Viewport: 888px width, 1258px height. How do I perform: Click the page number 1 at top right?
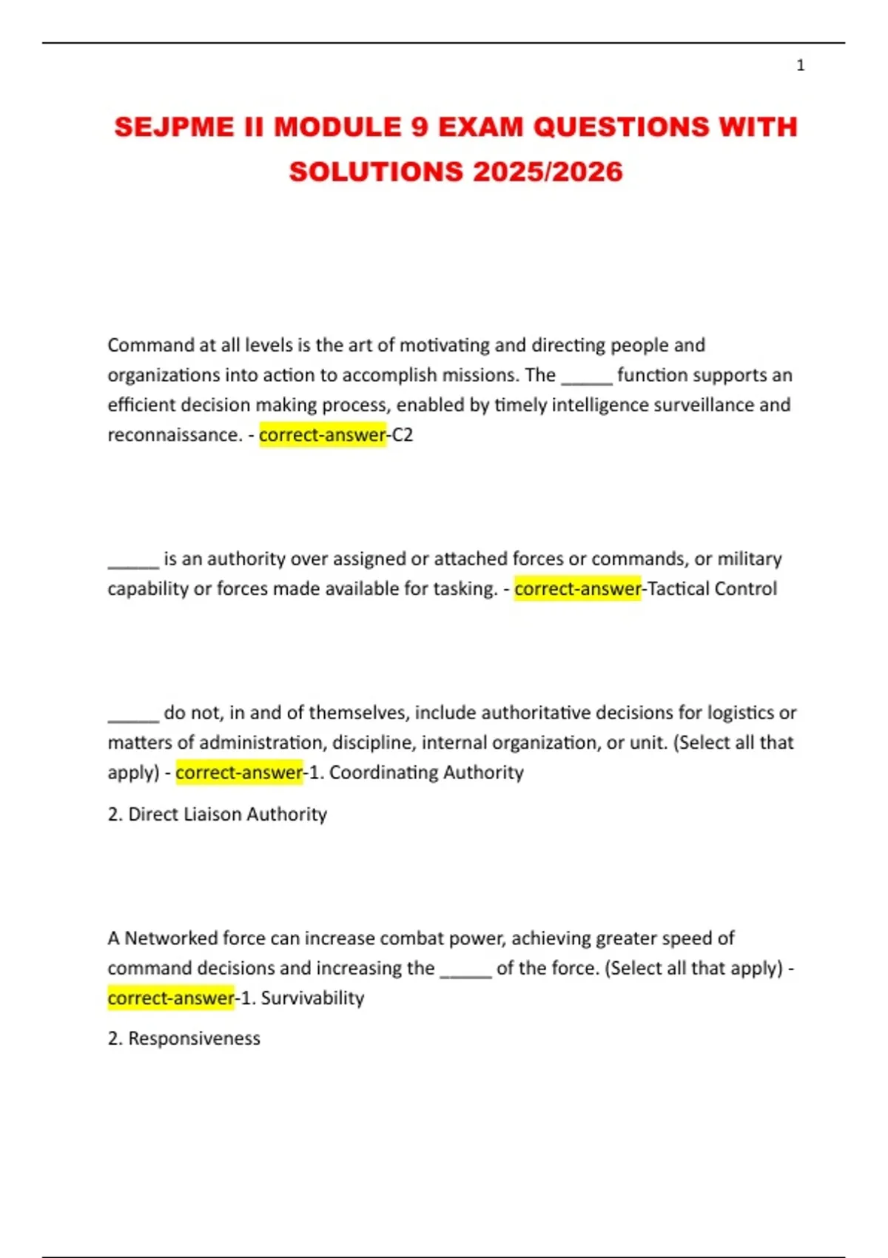800,66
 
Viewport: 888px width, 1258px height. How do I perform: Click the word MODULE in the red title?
337,127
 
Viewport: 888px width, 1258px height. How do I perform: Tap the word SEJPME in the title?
174,127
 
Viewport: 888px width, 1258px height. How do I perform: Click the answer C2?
402,435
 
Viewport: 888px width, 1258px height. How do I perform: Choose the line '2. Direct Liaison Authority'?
217,814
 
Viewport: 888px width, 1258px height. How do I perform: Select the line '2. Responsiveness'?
184,1038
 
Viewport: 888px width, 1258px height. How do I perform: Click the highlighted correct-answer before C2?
322,435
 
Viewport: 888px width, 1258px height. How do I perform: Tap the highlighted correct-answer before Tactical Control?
577,589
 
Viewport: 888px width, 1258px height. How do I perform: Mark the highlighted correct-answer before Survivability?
170,998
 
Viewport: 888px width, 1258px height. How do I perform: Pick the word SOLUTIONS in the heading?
376,172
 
